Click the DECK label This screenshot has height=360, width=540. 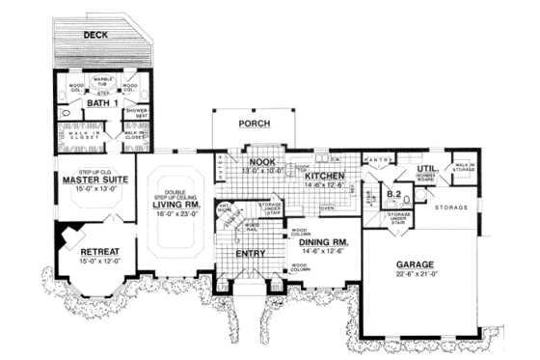[x=95, y=35]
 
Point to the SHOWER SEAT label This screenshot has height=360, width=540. [x=135, y=113]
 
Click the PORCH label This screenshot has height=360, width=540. [x=255, y=125]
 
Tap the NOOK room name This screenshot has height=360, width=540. [x=262, y=162]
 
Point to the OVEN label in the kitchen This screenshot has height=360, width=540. [x=327, y=208]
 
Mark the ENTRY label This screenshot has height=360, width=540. [x=250, y=253]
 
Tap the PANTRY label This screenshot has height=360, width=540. [x=376, y=159]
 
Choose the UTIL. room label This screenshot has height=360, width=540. [x=428, y=168]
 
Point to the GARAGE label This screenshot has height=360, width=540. [x=416, y=263]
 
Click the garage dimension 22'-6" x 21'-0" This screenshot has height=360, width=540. [x=416, y=275]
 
